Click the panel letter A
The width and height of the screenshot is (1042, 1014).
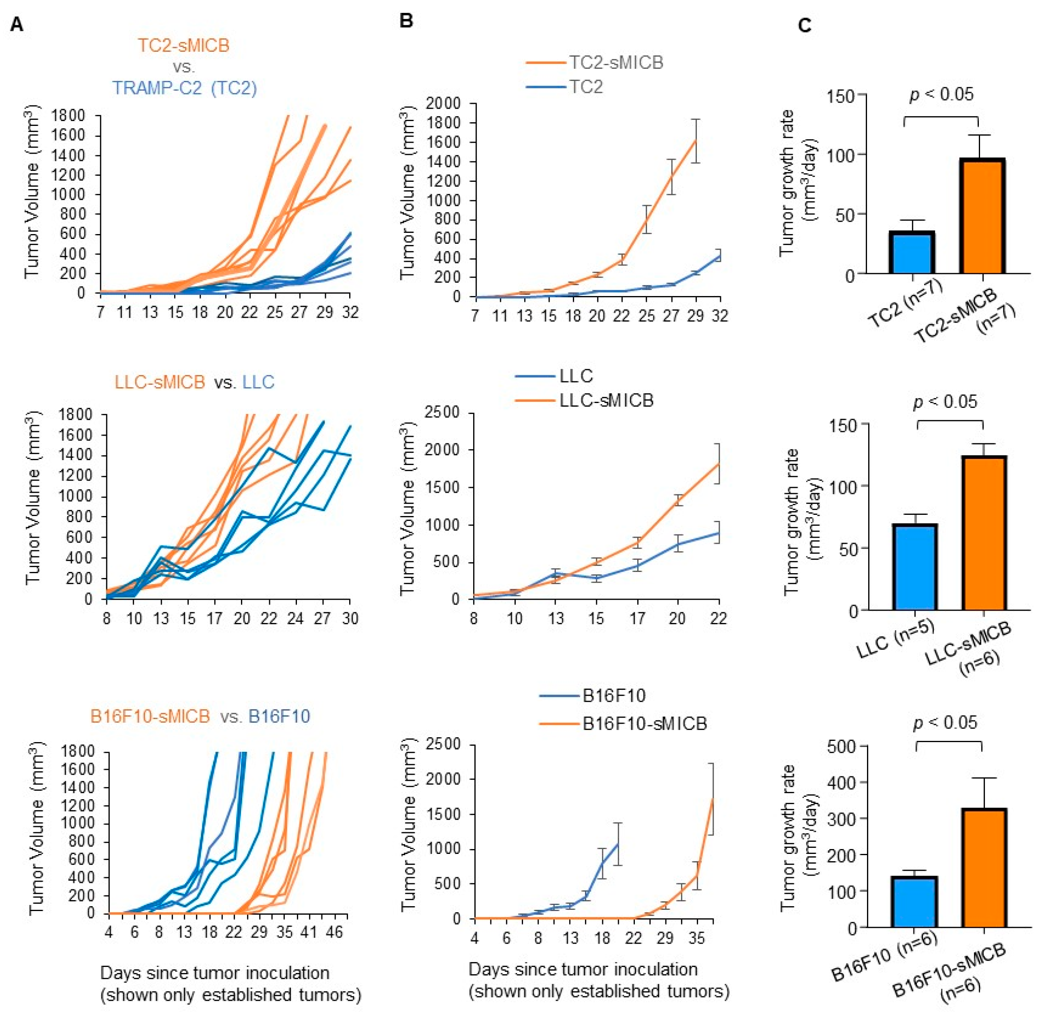tap(16, 25)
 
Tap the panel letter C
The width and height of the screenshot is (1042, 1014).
tap(805, 25)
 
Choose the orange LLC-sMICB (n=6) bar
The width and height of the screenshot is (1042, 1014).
tap(984, 533)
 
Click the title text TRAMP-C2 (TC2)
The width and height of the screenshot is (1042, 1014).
tap(184, 87)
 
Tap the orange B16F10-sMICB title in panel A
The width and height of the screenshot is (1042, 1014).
tap(150, 716)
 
